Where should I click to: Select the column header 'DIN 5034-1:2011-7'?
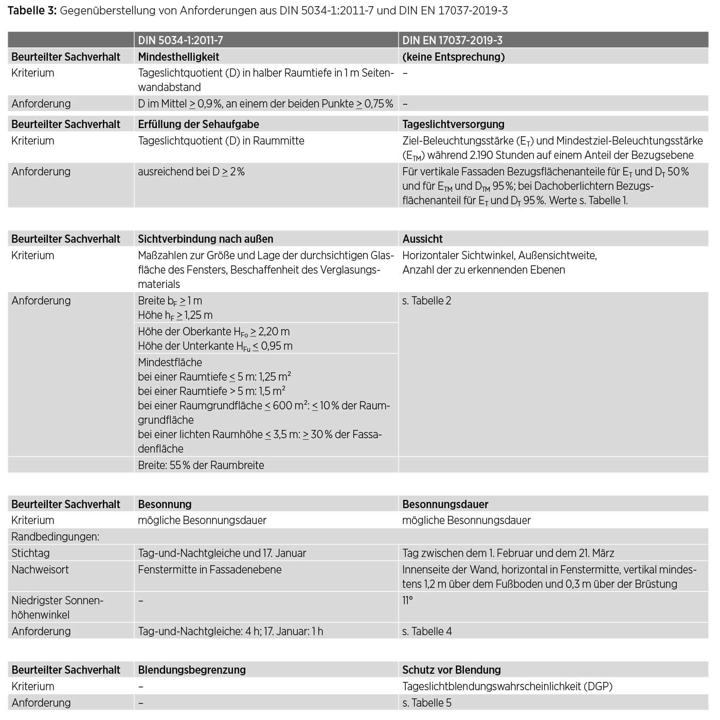coord(181,40)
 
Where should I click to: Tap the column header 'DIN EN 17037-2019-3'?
coord(452,40)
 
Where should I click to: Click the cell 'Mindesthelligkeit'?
coord(178,57)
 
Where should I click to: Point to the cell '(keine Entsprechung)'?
coord(453,57)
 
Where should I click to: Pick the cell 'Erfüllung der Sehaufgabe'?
coord(199,124)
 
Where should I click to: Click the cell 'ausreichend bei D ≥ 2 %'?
coord(191,172)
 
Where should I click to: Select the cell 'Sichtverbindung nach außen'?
coord(205,239)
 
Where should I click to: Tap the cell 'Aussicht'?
coord(422,239)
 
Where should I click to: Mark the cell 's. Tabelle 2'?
coord(426,301)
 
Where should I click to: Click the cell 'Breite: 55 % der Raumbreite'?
coord(201,465)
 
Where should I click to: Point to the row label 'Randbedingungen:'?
coord(55,536)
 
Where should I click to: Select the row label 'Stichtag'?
coord(30,553)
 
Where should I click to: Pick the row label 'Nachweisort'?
coord(40,569)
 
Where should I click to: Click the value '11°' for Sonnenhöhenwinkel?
coord(407,600)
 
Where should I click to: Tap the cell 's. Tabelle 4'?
coord(427,631)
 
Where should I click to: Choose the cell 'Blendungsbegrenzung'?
coord(191,670)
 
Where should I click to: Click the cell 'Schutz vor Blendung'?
coord(451,670)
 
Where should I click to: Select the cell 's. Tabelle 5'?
coord(427,703)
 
